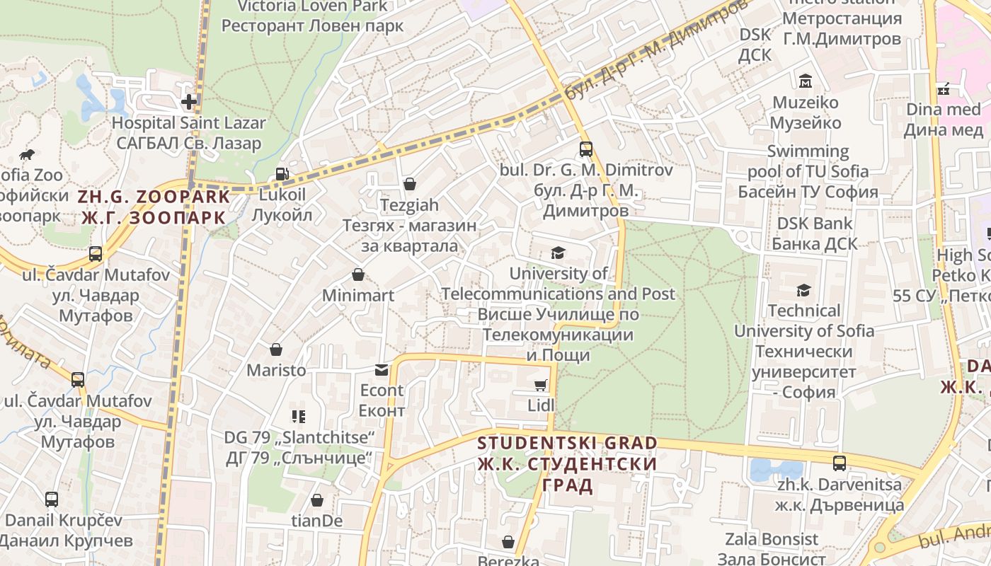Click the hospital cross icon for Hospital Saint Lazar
point(189,102)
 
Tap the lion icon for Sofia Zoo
point(27,154)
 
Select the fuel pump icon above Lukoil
point(282,174)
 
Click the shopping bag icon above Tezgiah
point(409,185)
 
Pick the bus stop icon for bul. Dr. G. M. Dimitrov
point(585,149)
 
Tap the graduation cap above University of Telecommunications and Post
point(558,253)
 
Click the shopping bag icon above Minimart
point(358,275)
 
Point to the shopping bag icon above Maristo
point(276,350)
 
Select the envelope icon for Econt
point(382,369)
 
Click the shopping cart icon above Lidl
point(541,385)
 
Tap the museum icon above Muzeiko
point(805,82)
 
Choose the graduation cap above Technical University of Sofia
point(803,290)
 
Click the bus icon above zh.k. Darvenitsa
point(840,464)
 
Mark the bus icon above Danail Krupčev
point(52,499)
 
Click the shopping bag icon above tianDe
point(317,500)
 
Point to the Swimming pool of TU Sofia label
point(808,171)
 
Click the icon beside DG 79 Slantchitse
point(298,417)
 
